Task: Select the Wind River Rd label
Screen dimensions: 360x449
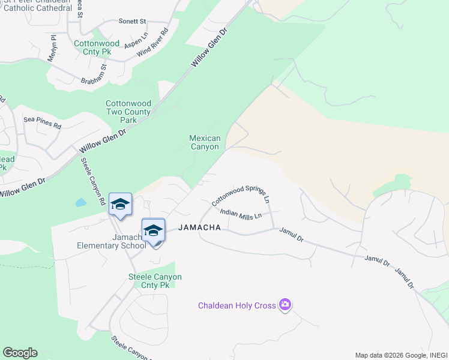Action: point(153,43)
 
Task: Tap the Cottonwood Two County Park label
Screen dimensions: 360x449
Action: point(129,112)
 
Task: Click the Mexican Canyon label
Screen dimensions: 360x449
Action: point(205,142)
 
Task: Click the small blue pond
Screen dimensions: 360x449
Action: point(81,202)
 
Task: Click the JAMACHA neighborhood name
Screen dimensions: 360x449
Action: point(200,227)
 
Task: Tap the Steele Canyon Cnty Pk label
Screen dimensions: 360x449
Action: point(155,281)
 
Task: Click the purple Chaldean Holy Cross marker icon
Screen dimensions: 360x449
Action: point(285,305)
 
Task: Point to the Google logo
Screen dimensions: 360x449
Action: point(20,353)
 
